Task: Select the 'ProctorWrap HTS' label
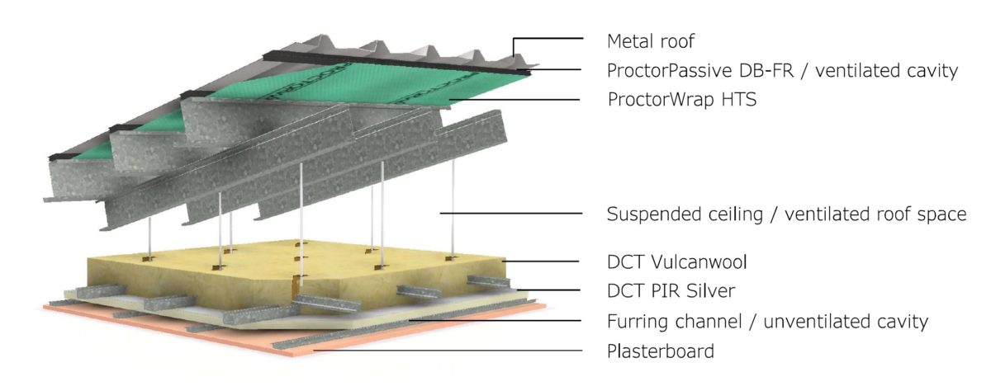click(681, 101)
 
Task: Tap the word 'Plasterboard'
click(660, 351)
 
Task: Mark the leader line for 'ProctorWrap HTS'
click(512, 100)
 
